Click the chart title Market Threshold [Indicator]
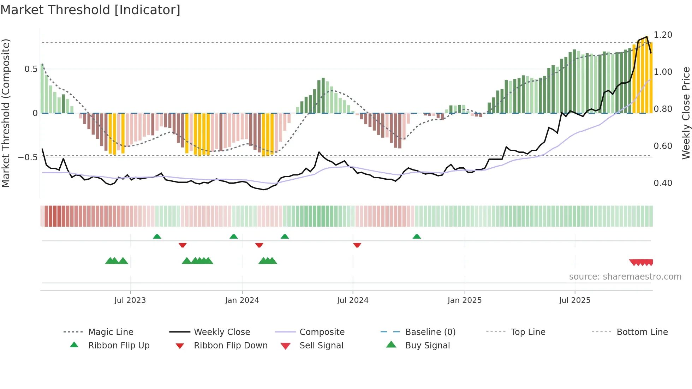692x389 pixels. click(90, 10)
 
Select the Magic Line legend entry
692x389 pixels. click(111, 332)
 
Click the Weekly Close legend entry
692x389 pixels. click(222, 332)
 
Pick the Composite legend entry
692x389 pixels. click(322, 332)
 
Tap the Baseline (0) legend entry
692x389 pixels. click(430, 332)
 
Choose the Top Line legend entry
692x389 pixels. click(528, 332)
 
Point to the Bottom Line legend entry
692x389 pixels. click(642, 332)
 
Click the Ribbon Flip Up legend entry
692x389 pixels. click(119, 346)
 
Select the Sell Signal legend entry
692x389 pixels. click(321, 346)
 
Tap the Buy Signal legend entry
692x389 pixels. click(427, 346)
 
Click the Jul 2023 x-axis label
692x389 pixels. click(130, 300)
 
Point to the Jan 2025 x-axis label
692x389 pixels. click(464, 300)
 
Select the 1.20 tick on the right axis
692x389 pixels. click(663, 35)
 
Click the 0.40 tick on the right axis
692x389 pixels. click(663, 183)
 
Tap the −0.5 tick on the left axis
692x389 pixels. click(28, 157)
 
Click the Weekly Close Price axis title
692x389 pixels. click(686, 113)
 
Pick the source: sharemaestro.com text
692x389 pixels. click(625, 277)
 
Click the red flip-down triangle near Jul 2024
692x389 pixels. click(357, 245)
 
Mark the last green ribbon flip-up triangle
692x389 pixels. click(417, 237)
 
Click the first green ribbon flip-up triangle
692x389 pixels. click(157, 237)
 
